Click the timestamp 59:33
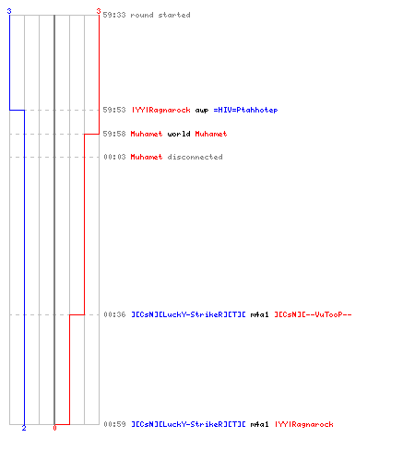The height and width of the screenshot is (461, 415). [x=114, y=15]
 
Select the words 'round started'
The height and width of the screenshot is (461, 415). [x=160, y=15]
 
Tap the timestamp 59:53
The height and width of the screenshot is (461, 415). [x=114, y=110]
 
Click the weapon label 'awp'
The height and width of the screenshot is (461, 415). [x=202, y=111]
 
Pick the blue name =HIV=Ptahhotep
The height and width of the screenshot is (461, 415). [x=245, y=110]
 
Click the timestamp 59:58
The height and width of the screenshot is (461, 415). [x=114, y=134]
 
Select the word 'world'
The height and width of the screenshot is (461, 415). [x=179, y=134]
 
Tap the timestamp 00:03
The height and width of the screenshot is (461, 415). [x=114, y=157]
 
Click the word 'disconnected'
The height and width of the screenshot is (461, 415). [x=195, y=157]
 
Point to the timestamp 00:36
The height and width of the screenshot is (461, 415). [x=114, y=314]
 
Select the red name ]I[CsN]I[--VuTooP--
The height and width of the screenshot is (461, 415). [x=313, y=314]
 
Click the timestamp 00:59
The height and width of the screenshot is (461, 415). [x=114, y=424]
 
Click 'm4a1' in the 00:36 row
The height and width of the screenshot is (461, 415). [x=259, y=314]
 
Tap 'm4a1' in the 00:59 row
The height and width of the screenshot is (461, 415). [x=259, y=424]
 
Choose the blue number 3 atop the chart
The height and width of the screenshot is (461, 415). [x=9, y=11]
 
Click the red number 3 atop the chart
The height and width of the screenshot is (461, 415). [x=99, y=11]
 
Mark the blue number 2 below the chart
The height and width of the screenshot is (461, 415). [x=24, y=428]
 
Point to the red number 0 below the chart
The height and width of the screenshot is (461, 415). [x=54, y=428]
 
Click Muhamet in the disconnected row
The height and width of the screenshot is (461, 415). [x=147, y=157]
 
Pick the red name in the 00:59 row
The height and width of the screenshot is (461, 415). [x=304, y=424]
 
